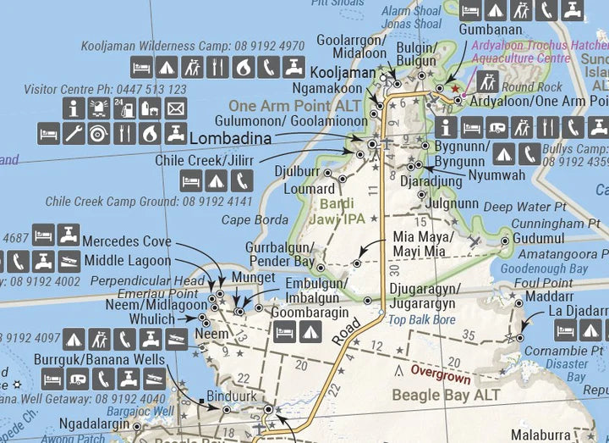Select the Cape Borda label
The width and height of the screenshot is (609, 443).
pos(255,219)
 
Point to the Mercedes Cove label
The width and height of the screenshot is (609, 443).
pos(127,241)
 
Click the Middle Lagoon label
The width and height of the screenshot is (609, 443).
pos(127,261)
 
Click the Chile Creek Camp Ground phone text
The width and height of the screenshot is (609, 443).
pos(149,202)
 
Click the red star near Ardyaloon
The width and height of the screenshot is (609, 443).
pos(454,88)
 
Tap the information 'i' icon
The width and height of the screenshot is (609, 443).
pos(74,108)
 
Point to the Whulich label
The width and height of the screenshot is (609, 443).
pos(152,319)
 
